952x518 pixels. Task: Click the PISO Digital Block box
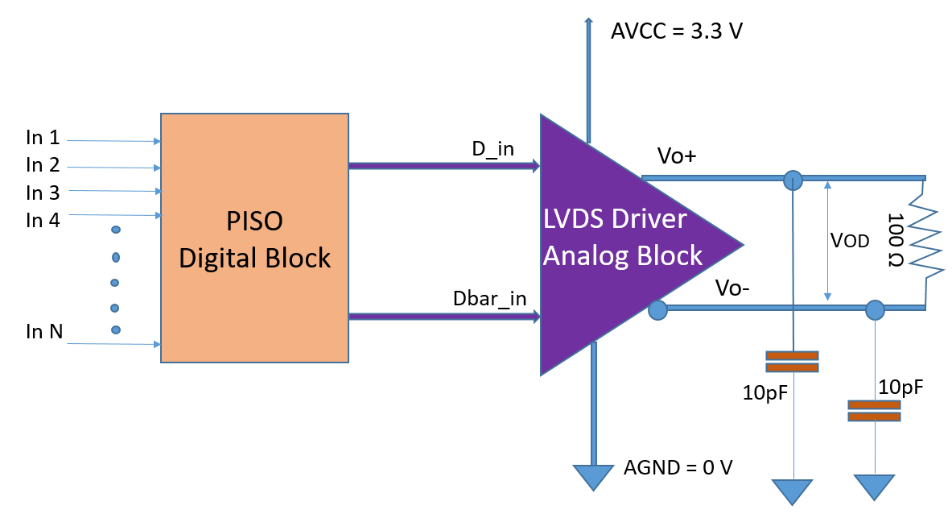point(254,238)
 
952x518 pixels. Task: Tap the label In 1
point(43,139)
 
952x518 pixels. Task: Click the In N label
point(44,331)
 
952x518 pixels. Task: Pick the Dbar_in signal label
point(489,298)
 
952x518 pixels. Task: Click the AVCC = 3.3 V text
point(676,32)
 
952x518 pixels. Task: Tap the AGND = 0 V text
point(678,468)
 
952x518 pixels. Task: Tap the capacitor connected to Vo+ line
point(792,361)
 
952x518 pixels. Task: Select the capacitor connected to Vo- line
point(873,411)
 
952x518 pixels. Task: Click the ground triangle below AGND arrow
point(592,477)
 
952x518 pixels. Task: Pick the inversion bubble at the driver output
point(657,309)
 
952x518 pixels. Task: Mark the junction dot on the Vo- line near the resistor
point(874,309)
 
